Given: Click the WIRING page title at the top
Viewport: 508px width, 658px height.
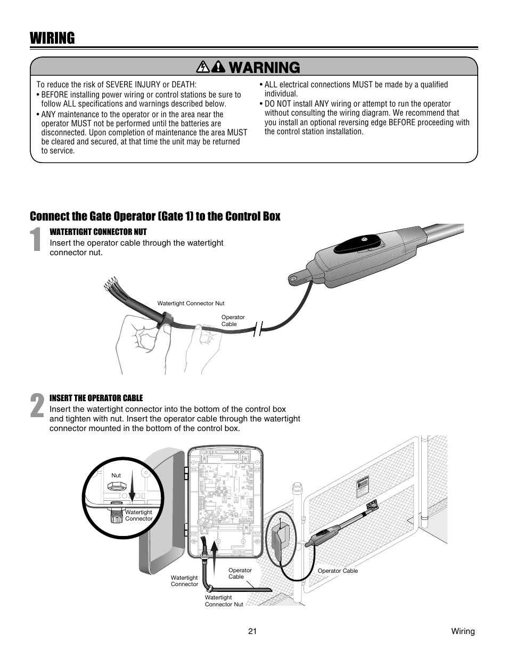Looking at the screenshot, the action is pyautogui.click(x=52, y=38).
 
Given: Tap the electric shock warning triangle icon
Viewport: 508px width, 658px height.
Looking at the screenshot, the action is pyautogui.click(x=202, y=67).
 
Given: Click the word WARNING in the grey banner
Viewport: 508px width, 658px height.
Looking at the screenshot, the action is pyautogui.click(x=263, y=67).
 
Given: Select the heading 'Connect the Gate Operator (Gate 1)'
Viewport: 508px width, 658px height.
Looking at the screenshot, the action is pyautogui.click(x=155, y=216).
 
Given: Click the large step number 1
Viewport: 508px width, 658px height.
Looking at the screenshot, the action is pyautogui.click(x=36, y=240).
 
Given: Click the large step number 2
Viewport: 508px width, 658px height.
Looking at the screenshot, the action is pyautogui.click(x=37, y=406).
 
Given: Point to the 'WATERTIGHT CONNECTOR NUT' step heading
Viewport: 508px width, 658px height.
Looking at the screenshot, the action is pyautogui.click(x=98, y=232).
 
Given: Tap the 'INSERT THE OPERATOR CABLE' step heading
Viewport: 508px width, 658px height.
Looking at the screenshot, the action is pyautogui.click(x=96, y=398).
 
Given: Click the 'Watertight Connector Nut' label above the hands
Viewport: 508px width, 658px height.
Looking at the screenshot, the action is pyautogui.click(x=191, y=304).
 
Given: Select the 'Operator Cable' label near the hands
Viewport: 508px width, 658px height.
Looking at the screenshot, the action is pyautogui.click(x=233, y=320).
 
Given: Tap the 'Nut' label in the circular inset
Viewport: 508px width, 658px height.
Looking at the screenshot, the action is pyautogui.click(x=116, y=475).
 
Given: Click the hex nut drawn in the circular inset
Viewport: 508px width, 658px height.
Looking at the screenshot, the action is pyautogui.click(x=116, y=486).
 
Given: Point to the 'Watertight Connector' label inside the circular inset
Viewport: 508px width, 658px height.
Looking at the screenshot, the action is pyautogui.click(x=138, y=515).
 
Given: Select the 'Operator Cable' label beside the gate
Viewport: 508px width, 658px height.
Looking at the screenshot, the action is pyautogui.click(x=338, y=571).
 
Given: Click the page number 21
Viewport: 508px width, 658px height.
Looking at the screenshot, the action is pyautogui.click(x=252, y=631).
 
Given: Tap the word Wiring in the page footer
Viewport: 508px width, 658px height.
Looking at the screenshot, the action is pyautogui.click(x=463, y=631).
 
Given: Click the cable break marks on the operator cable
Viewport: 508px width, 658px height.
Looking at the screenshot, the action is pyautogui.click(x=259, y=329).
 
